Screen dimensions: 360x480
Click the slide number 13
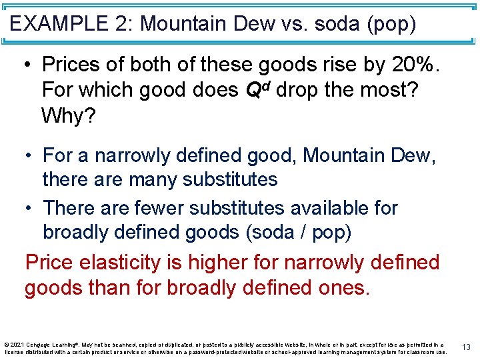(x=466, y=347)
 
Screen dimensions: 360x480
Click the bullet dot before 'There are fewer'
(x=28, y=209)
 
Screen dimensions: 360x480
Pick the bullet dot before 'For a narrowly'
(x=28, y=156)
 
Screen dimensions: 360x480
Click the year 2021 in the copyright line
(x=17, y=344)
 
